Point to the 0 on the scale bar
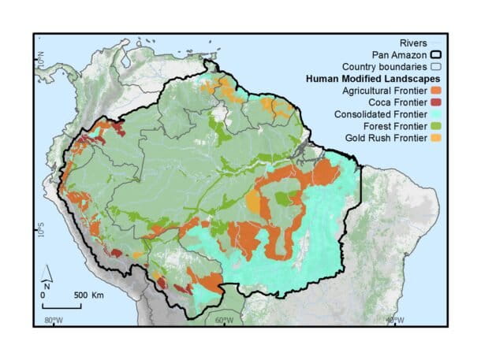(43, 294)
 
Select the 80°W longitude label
(54, 320)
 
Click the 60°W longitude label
(224, 320)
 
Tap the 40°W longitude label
(394, 320)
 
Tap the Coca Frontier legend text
(397, 102)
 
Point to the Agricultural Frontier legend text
(382, 91)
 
